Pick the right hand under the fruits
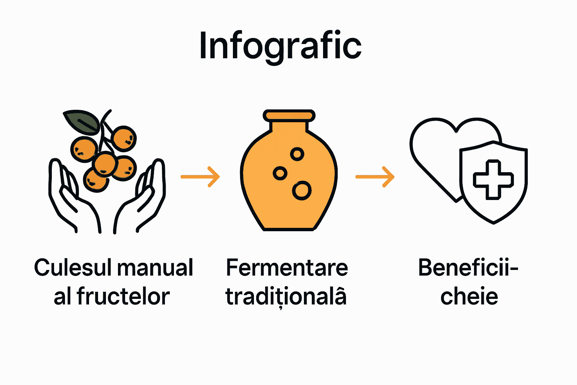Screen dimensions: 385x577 143,199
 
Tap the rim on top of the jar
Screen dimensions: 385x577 289,115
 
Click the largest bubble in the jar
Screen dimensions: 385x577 302,190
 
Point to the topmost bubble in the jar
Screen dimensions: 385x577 297,154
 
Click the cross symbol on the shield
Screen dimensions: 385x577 493,180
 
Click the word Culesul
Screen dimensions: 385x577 73,268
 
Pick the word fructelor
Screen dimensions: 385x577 123,297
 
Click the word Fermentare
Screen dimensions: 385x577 287,268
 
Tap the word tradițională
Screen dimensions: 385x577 286,297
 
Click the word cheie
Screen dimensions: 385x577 469,297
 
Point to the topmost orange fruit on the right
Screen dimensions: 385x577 124,138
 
